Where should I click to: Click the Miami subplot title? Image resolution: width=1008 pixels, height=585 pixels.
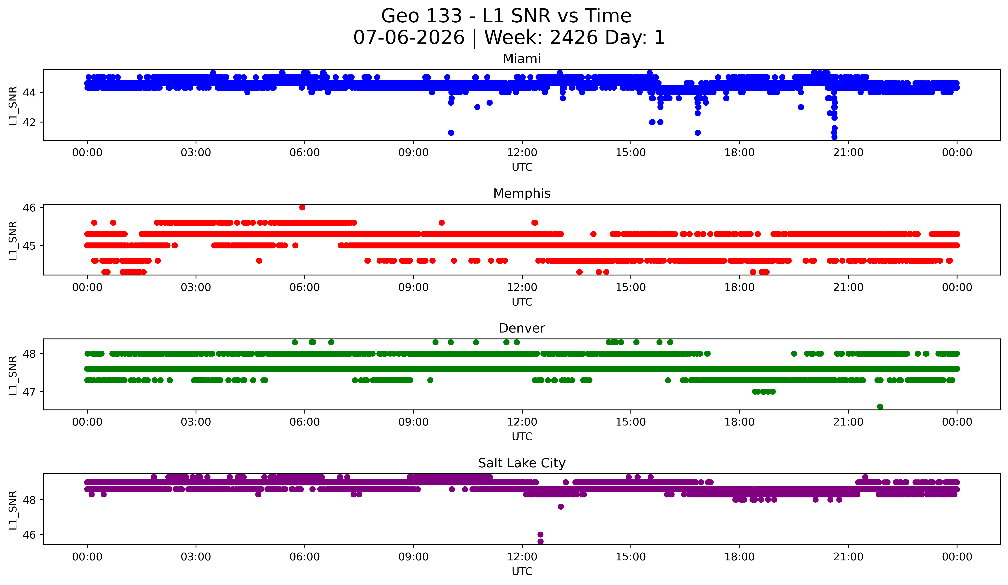coord(522,59)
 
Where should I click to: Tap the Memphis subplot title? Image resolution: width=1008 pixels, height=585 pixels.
coord(522,193)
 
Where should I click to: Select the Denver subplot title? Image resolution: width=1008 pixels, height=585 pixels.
coord(522,328)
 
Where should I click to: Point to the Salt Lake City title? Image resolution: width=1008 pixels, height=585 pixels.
coord(522,463)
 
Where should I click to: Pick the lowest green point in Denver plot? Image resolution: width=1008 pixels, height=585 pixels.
coord(880,407)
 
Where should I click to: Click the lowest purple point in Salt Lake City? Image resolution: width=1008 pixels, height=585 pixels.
coord(540,541)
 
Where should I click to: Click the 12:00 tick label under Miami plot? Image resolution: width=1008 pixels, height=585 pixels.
coord(522,153)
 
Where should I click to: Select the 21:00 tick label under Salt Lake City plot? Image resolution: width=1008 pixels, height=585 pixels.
coord(848,557)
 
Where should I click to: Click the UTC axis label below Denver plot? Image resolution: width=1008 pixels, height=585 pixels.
coord(522,437)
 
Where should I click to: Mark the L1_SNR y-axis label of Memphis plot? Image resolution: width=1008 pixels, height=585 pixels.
coord(13,241)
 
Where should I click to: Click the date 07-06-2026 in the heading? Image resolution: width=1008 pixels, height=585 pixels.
coord(409,38)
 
